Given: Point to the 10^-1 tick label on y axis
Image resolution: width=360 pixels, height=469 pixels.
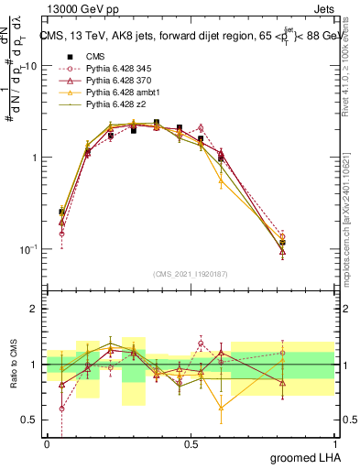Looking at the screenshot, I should pyautogui.click(x=30, y=249).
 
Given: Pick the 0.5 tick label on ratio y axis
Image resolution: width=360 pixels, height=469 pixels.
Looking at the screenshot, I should pyautogui.click(x=32, y=420).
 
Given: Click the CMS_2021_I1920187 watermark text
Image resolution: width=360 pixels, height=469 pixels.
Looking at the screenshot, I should pyautogui.click(x=192, y=274).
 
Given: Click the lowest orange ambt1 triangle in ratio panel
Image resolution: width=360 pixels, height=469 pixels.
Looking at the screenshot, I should pyautogui.click(x=221, y=408).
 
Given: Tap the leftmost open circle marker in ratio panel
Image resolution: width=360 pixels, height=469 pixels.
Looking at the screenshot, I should pyautogui.click(x=61, y=409).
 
